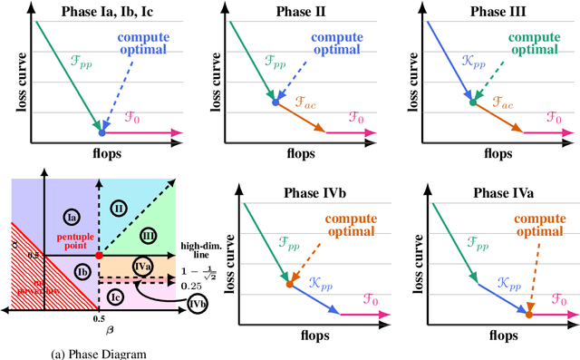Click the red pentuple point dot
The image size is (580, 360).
99,256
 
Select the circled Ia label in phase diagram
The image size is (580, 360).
74,216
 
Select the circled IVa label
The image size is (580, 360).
141,265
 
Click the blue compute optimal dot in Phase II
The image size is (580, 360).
276,102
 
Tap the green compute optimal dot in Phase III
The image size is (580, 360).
472,102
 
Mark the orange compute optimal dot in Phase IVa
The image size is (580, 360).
529,313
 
